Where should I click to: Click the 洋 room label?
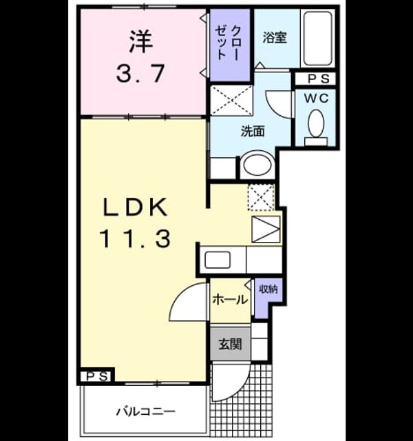click(141, 41)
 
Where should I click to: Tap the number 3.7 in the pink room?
click(140, 74)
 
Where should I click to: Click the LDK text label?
click(136, 207)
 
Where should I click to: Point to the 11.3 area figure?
click(135, 239)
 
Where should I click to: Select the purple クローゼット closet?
click(230, 45)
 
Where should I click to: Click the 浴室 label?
click(275, 38)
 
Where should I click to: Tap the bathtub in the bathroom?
click(318, 39)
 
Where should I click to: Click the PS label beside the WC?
click(318, 79)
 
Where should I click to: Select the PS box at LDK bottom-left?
click(97, 376)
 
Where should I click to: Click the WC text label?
click(317, 99)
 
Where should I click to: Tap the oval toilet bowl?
click(316, 123)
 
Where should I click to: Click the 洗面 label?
click(253, 131)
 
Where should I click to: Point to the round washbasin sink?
click(257, 165)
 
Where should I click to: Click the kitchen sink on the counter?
click(218, 260)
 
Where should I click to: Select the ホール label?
click(230, 300)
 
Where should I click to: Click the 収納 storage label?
click(268, 289)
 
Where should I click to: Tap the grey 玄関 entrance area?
click(230, 343)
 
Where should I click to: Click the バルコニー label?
click(146, 412)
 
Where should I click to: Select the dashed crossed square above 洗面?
click(231, 100)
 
